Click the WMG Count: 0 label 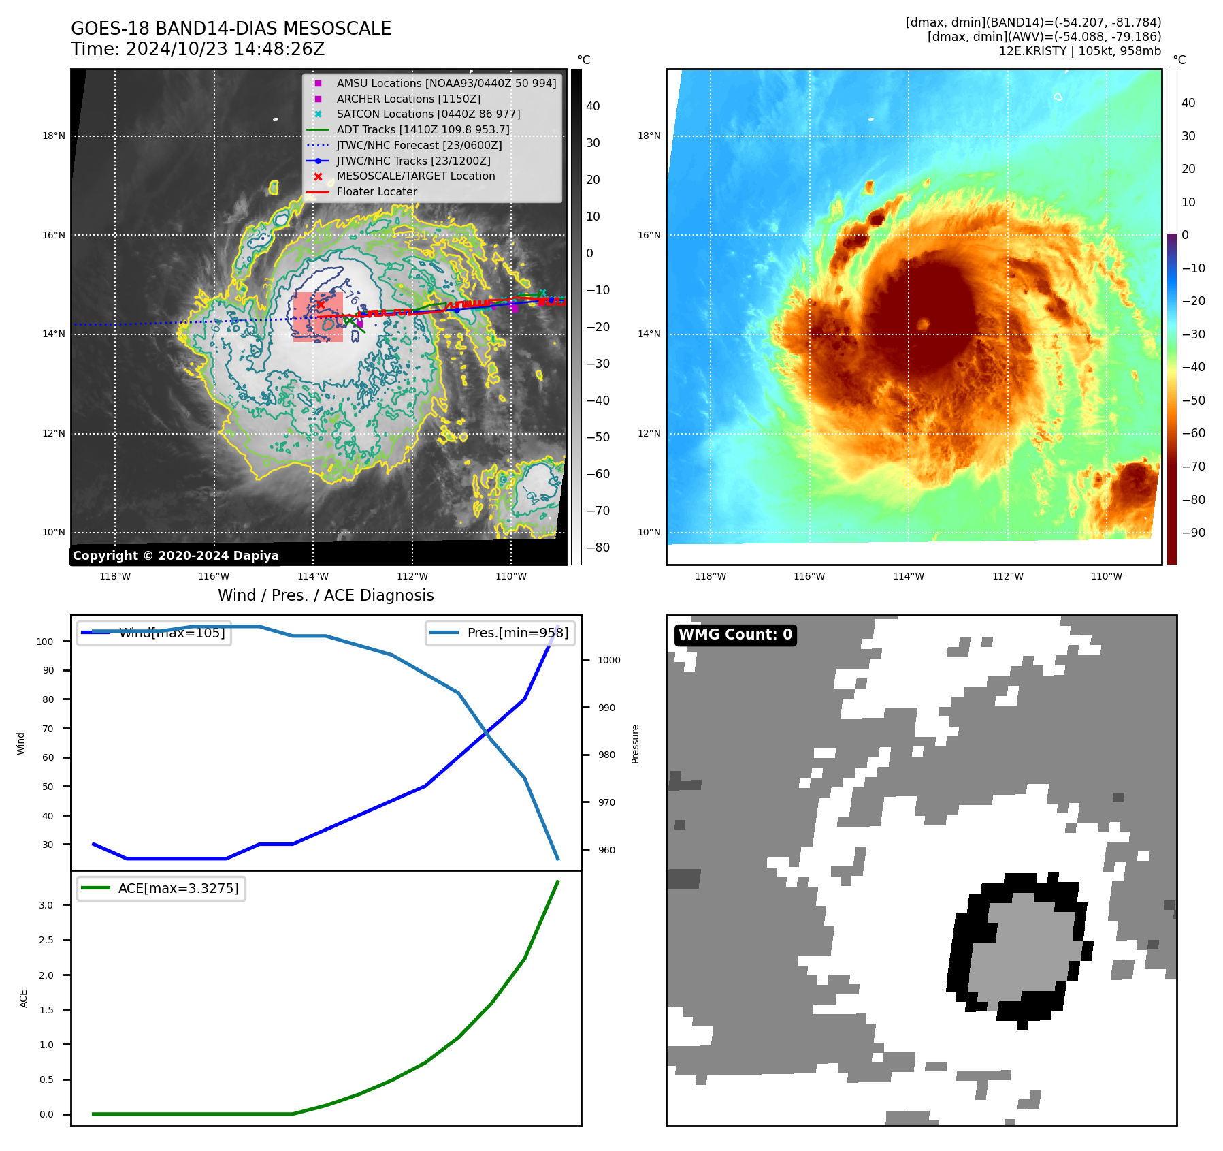tap(735, 635)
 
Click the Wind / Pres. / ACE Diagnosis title tap(325, 595)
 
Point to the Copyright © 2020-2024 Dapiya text tap(176, 556)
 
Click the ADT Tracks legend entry tap(423, 129)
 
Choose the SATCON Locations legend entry tap(428, 114)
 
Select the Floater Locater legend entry tap(376, 191)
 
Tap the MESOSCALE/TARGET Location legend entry tap(416, 176)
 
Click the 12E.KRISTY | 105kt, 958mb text tap(1079, 51)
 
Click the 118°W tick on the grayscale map tap(115, 576)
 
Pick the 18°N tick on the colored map tap(649, 136)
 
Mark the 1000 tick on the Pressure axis tap(608, 660)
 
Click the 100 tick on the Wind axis tap(45, 642)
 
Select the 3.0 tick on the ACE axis tap(46, 905)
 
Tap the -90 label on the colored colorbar tap(1193, 533)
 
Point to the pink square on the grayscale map tap(318, 317)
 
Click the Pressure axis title tap(635, 744)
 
